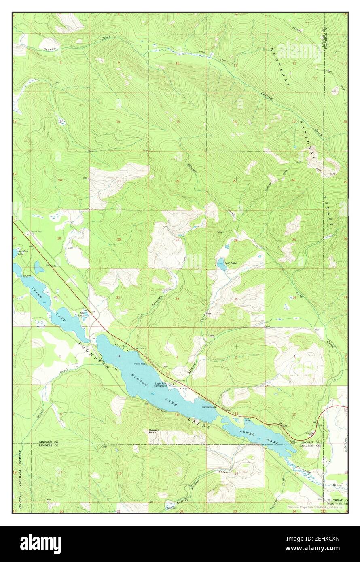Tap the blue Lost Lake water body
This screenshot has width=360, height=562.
pos(221,264)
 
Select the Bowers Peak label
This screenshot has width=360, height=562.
pos(155,431)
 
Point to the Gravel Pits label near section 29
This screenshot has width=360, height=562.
pos(37,232)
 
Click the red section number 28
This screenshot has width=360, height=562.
pos(119,239)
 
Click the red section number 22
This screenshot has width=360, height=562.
pos(177,181)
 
